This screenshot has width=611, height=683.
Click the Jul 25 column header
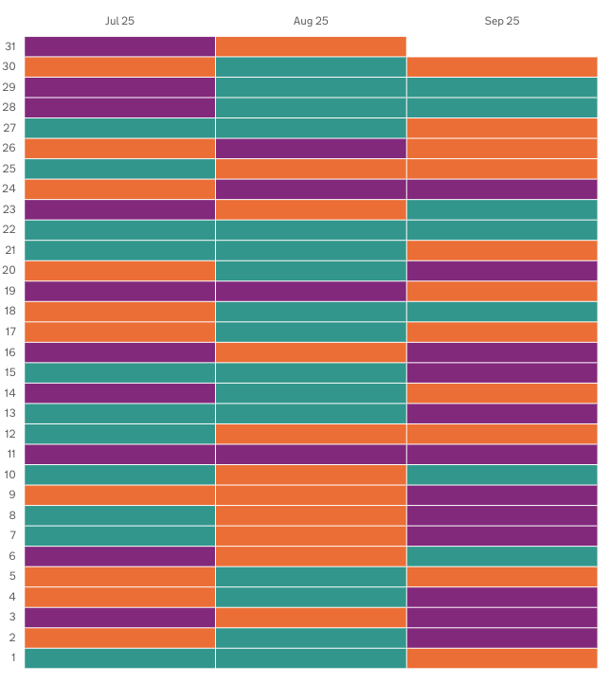coord(119,21)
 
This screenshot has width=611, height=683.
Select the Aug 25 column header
coord(311,21)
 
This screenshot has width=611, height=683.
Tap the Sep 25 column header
coord(502,21)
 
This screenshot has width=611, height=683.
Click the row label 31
coord(10,46)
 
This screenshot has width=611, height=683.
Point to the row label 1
coord(12,657)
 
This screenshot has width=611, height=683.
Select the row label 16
coord(10,352)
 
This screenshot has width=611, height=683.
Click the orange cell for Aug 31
coord(311,46)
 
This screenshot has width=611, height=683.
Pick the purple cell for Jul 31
coord(119,46)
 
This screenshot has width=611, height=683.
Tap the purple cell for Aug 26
coord(311,148)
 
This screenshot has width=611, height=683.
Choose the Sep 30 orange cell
coord(502,66)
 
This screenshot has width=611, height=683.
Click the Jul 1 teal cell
coord(119,657)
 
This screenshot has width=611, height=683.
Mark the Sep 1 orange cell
coord(502,657)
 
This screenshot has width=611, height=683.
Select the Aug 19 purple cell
coord(311,291)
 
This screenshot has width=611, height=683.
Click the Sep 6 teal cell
coord(502,556)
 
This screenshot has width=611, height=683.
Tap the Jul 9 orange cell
coord(119,494)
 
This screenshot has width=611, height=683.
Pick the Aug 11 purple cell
coord(311,454)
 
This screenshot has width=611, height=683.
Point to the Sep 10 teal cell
coord(502,475)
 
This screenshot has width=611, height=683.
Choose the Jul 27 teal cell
coord(119,128)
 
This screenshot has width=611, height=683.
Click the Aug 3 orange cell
coord(311,617)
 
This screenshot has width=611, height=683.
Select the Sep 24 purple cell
coord(502,189)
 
